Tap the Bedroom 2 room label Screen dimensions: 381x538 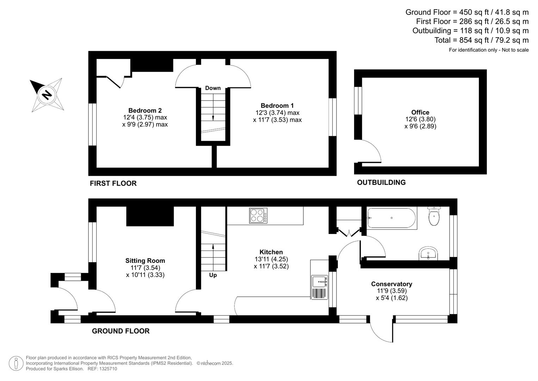click(x=145, y=110)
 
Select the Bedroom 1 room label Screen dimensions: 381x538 click(x=277, y=105)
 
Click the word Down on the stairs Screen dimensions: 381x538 click(x=213, y=88)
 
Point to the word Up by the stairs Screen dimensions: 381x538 click(x=213, y=275)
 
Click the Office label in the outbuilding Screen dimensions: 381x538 click(x=420, y=113)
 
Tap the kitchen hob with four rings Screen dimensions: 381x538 click(x=258, y=216)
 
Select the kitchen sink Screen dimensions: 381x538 click(x=320, y=282)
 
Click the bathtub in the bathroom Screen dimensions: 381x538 click(x=391, y=218)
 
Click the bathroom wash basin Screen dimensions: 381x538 click(x=428, y=253)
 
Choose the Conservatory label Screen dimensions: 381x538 click(x=391, y=284)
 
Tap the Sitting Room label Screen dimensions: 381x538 click(x=145, y=261)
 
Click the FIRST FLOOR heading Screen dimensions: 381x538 click(x=113, y=183)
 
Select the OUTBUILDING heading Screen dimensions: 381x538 click(x=381, y=182)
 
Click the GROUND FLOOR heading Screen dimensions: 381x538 click(x=120, y=331)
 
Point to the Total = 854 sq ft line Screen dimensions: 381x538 click(x=481, y=40)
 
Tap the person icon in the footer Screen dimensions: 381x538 click(x=16, y=363)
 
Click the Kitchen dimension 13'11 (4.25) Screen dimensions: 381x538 click(x=271, y=259)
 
